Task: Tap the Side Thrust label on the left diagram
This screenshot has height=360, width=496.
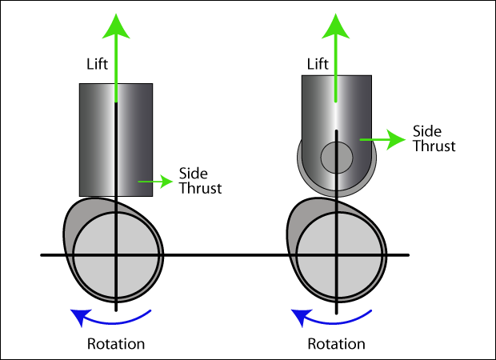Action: tap(199, 182)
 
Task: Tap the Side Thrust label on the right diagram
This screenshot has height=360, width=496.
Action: tap(434, 138)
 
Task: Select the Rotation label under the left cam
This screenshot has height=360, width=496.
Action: tap(116, 344)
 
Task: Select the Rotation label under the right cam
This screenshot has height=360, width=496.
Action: tap(336, 344)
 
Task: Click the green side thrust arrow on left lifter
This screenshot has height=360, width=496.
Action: tap(155, 182)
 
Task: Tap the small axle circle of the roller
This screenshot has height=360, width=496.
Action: tap(337, 156)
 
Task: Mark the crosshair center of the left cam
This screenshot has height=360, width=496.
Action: tap(117, 255)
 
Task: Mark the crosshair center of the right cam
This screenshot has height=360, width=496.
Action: tap(337, 255)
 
